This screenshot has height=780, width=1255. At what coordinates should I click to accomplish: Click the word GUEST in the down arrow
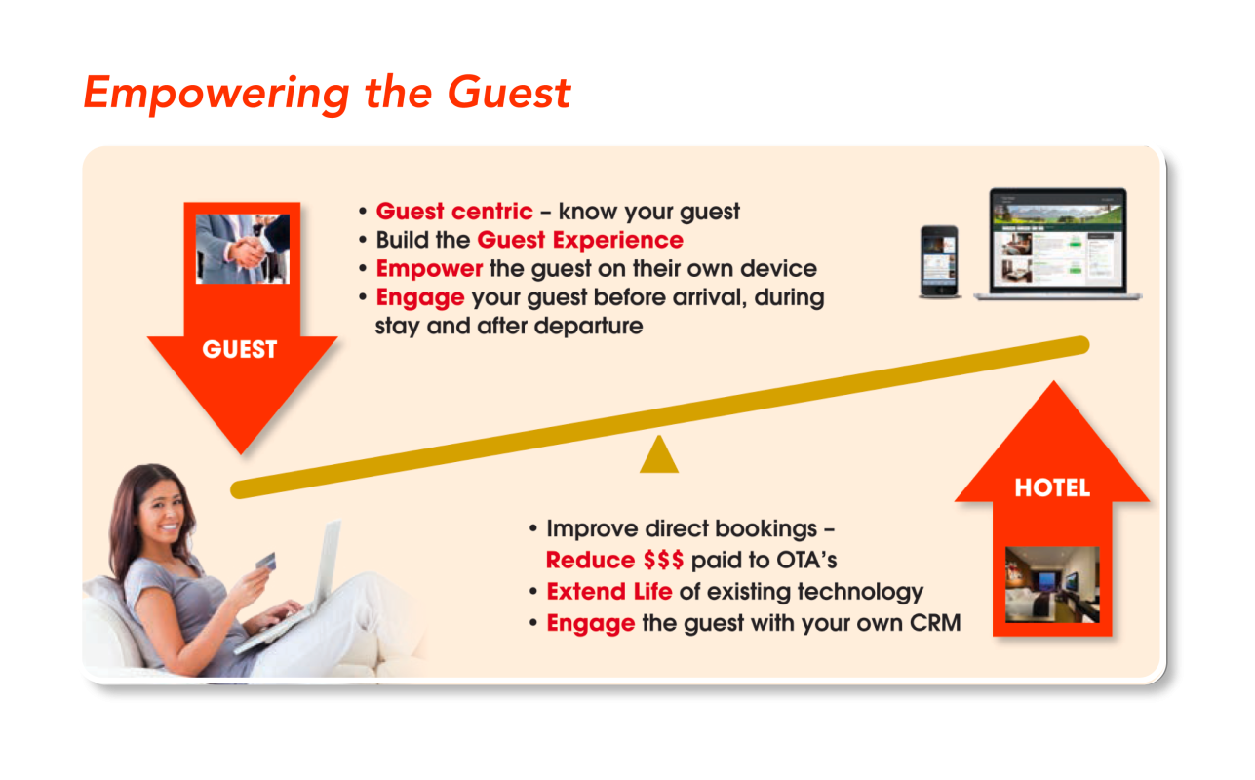click(240, 349)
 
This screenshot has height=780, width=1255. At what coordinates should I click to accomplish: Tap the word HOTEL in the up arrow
click(1052, 487)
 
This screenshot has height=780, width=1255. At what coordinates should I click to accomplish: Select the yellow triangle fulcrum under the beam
click(659, 454)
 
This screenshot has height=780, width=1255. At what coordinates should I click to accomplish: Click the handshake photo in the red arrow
click(243, 249)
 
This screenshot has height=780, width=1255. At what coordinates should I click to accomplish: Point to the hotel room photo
click(1052, 584)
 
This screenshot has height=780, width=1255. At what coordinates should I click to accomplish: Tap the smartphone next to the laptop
click(940, 261)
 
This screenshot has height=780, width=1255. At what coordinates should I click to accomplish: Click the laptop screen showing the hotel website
click(1058, 241)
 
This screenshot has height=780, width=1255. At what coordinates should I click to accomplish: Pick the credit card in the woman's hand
click(266, 561)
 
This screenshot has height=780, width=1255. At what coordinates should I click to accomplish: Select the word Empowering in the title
click(216, 94)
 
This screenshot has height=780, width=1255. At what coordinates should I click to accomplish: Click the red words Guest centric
click(454, 212)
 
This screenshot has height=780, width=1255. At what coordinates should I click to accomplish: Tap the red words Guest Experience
click(580, 240)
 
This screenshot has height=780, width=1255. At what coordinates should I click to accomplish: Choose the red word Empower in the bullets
click(429, 269)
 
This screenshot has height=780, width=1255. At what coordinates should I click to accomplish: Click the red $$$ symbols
click(663, 560)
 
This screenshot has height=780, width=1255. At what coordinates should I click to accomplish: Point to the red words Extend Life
click(609, 591)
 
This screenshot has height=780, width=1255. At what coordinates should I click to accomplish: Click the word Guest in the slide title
click(509, 93)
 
